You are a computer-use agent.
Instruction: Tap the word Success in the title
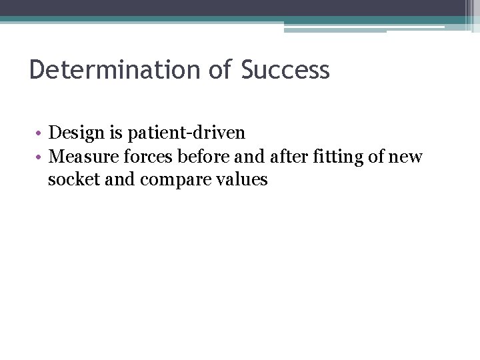pos(285,70)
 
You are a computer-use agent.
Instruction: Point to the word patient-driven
pos(186,133)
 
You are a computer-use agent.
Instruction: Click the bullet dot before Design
pos(41,133)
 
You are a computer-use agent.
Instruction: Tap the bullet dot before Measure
pos(41,157)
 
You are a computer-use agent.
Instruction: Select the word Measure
pos(81,156)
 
